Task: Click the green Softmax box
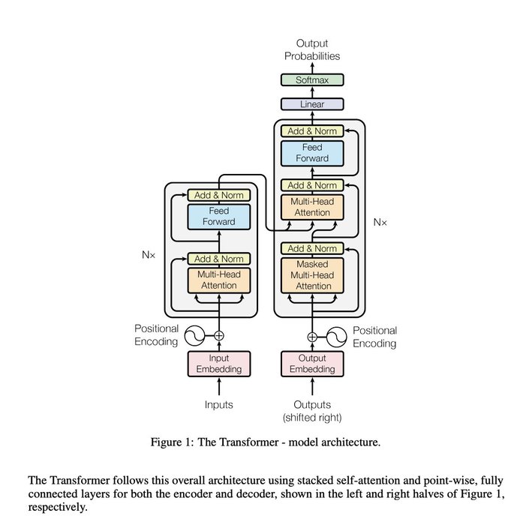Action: tap(311, 79)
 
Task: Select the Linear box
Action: tap(311, 104)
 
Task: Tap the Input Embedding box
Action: tap(219, 363)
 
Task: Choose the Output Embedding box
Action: tap(311, 363)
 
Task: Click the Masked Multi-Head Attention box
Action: tap(311, 275)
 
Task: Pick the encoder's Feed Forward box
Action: tap(219, 216)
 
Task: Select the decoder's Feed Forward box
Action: tap(311, 153)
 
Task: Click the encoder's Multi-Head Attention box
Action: tap(219, 280)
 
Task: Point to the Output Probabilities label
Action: tap(311, 49)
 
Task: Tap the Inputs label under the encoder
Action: tap(219, 405)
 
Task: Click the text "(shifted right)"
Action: tap(311, 418)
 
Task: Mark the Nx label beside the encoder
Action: tap(148, 255)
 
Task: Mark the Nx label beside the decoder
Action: tap(380, 223)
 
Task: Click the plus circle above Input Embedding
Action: tap(219, 335)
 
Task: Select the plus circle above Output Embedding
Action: tap(311, 335)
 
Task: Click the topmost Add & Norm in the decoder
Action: tap(311, 131)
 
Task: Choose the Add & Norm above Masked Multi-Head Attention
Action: tap(311, 248)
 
